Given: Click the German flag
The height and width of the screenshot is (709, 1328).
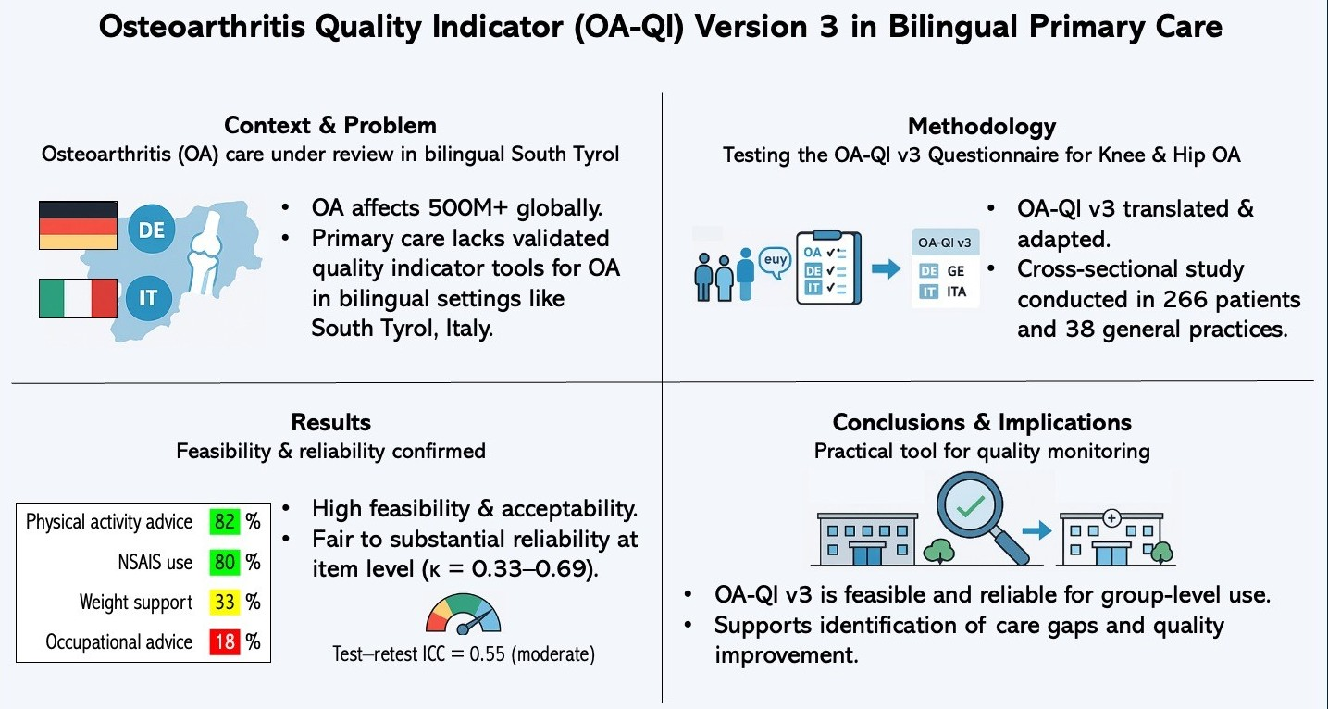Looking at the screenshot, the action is pos(78,225).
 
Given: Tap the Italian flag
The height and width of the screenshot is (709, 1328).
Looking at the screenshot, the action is pos(78,298).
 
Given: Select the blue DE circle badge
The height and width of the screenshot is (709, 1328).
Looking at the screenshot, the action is pos(151,230).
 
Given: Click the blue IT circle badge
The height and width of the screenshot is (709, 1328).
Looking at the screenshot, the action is pos(148,298).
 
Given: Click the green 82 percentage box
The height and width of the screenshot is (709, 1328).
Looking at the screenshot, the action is pos(225,522).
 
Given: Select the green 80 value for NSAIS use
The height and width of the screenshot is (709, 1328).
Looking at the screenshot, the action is pos(225,562).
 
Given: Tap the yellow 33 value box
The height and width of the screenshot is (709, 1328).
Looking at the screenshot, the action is pos(225,603).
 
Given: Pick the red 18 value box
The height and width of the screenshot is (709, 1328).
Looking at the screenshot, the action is pos(225,641).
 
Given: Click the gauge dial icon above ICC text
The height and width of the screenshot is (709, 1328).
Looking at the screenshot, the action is pos(463,615).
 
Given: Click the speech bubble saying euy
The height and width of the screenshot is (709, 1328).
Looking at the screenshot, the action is pos(775,261).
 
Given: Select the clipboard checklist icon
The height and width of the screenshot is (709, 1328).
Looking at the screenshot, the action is pos(828,267).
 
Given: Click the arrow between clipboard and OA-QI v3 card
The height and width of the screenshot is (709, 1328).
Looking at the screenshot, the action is pos(886,269).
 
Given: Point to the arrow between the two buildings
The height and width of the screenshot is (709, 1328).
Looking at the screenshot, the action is pos(1036,530).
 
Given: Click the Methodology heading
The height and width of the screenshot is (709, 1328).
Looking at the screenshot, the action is pos(982,126).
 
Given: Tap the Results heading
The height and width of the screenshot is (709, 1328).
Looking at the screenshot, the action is pos(330,423).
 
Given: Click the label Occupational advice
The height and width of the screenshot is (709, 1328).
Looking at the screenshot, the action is pos(119,642).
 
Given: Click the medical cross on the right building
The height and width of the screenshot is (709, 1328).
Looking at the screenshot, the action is pos(1111,518).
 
